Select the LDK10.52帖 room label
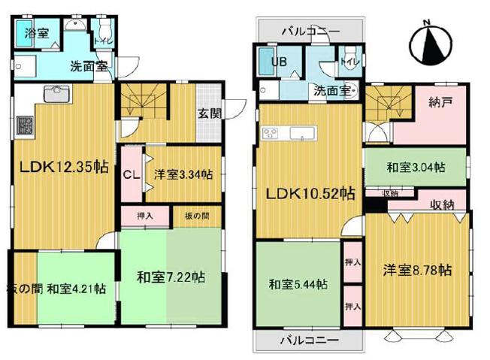tap(309, 194)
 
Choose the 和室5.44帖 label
tap(298, 284)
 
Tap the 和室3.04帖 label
tap(415, 167)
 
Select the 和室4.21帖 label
tap(77, 288)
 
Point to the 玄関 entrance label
tap(209, 114)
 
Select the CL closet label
tap(130, 174)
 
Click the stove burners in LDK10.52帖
tap(270, 133)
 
